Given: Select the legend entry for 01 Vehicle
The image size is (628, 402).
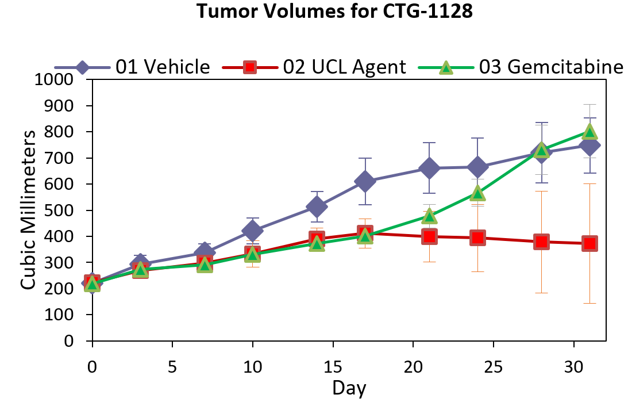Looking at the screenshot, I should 163,67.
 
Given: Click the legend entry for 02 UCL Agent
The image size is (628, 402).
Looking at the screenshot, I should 344,67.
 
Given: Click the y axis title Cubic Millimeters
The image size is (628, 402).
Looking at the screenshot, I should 29,210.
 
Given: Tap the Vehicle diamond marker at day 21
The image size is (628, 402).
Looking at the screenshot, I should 429,169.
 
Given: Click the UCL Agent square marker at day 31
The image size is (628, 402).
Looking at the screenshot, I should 590,243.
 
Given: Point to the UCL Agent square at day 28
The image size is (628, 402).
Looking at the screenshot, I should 541,242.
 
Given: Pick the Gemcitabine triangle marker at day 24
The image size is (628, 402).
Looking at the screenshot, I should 477,193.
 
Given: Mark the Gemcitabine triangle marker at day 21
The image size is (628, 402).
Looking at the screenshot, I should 429,217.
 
